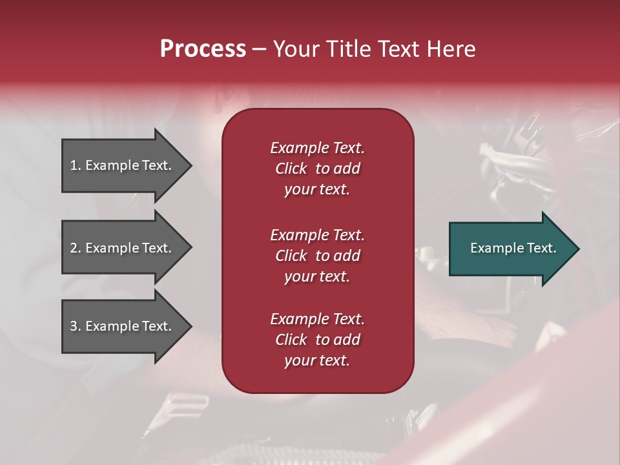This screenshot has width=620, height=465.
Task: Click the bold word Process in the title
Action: click(x=203, y=49)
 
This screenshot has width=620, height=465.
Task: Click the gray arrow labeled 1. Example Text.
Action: click(x=123, y=165)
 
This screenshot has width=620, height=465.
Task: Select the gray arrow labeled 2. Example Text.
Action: click(x=123, y=248)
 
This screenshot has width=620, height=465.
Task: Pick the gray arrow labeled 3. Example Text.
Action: click(x=123, y=326)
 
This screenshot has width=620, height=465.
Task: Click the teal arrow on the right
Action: click(x=510, y=249)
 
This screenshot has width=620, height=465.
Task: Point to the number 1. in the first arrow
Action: click(x=76, y=165)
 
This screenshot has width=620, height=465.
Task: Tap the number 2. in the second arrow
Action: click(x=76, y=248)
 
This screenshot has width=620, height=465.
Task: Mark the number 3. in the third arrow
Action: click(x=76, y=326)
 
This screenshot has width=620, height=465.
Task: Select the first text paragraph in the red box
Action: click(x=317, y=169)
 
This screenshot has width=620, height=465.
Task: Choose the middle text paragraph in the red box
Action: click(x=317, y=256)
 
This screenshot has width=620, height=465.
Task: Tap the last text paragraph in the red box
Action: click(x=317, y=340)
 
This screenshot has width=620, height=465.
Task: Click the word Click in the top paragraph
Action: click(x=291, y=169)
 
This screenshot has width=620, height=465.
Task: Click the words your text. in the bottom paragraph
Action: click(x=317, y=360)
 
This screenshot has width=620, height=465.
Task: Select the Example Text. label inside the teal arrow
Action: click(x=513, y=248)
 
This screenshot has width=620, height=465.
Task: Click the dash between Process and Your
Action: click(x=259, y=50)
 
